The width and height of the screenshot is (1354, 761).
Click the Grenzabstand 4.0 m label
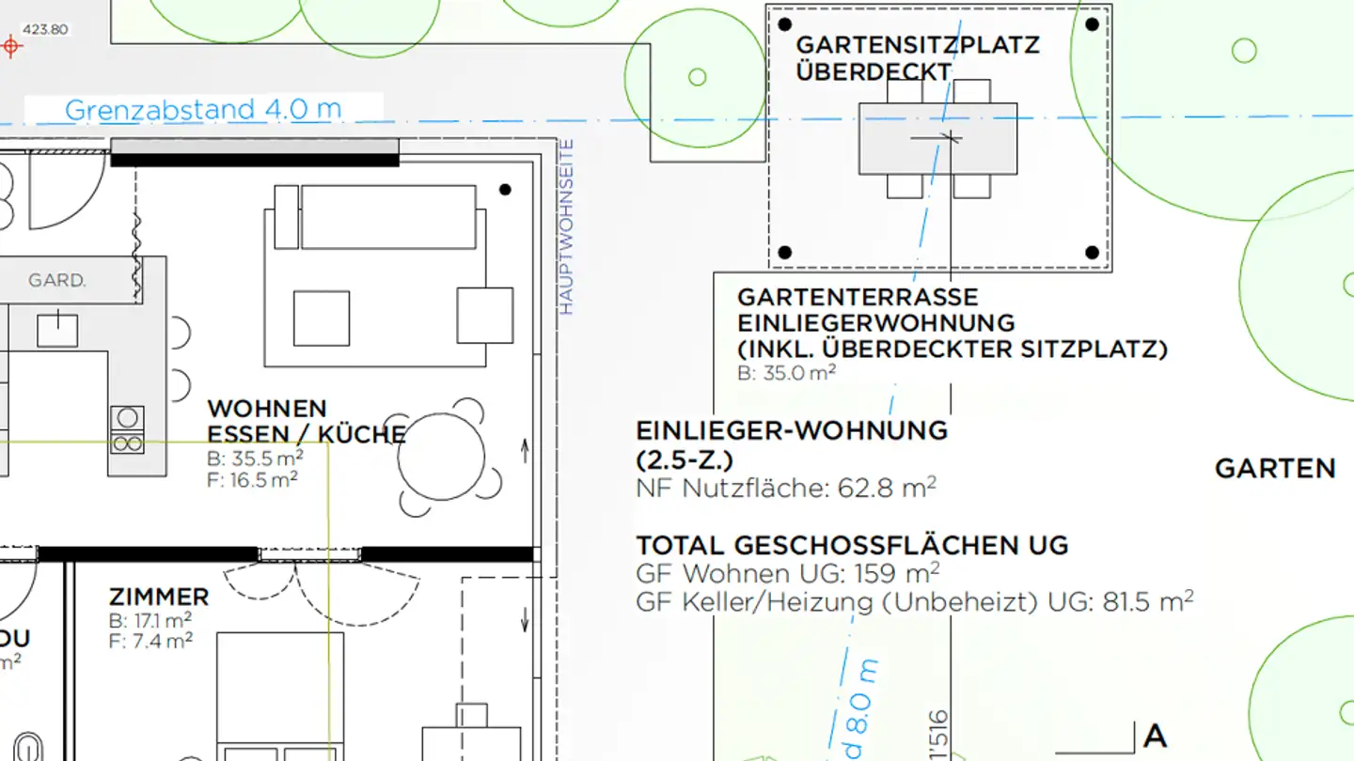(203, 109)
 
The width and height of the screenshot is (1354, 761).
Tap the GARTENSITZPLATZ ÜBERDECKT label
(917, 58)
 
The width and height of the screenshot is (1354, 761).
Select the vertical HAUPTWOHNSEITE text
(566, 226)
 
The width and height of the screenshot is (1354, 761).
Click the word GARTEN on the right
(1275, 469)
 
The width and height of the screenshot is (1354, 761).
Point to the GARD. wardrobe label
(57, 281)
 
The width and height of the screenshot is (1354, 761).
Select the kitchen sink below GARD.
(58, 330)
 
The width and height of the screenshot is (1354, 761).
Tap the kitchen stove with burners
(127, 430)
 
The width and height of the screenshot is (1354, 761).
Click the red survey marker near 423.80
(10, 45)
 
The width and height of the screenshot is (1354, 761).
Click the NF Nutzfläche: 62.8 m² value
(786, 488)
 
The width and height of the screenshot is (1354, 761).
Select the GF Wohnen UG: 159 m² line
(788, 573)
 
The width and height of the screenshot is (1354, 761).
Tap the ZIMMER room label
(159, 598)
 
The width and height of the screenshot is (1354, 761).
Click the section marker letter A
(1155, 737)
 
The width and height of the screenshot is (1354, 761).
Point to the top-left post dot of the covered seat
(786, 24)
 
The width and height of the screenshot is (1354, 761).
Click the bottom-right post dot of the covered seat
(1093, 252)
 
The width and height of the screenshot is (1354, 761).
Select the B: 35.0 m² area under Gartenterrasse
(787, 372)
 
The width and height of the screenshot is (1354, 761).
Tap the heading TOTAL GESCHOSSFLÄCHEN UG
(852, 546)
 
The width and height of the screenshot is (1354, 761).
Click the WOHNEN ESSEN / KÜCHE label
(306, 422)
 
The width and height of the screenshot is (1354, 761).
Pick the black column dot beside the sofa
(505, 190)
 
